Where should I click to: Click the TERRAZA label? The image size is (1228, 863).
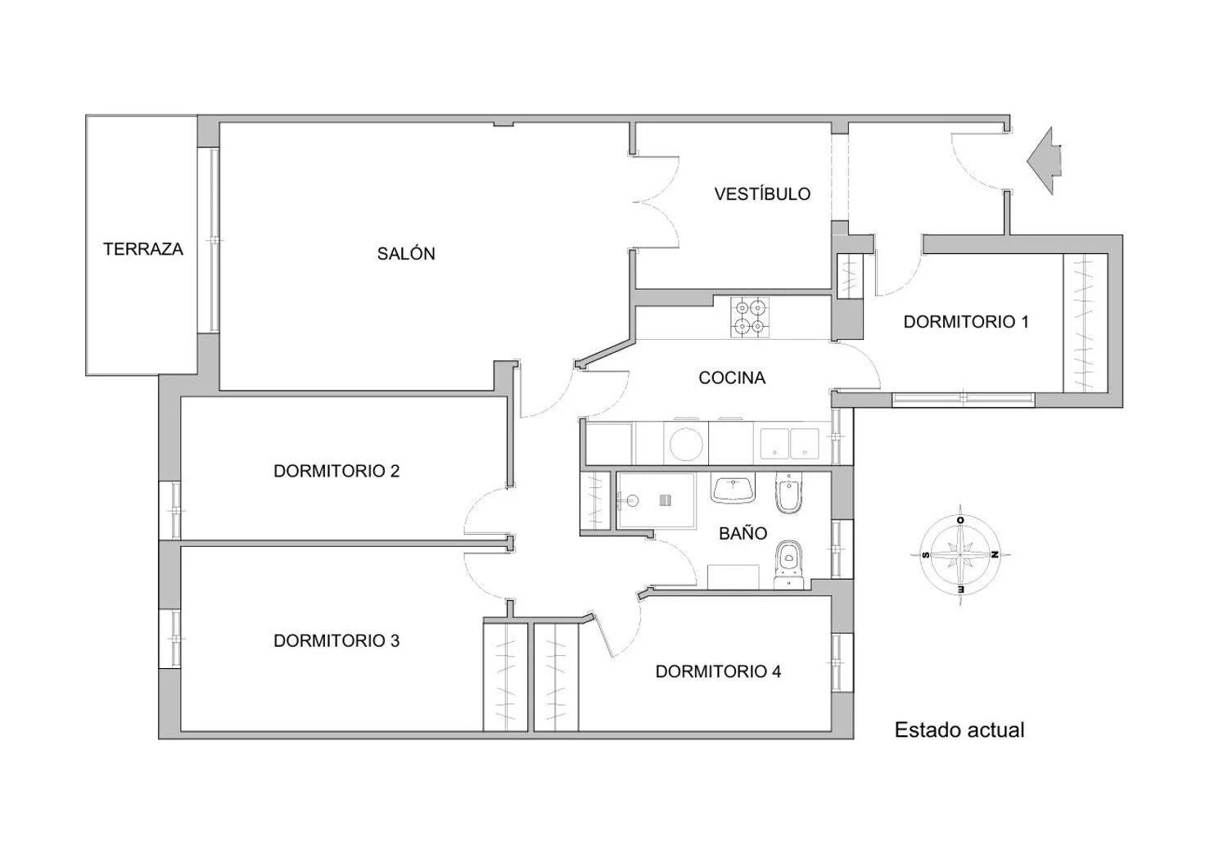click(143, 250)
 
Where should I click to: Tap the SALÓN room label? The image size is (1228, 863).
click(406, 253)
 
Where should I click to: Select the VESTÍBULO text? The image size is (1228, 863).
click(762, 193)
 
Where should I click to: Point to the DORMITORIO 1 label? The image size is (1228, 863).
click(966, 322)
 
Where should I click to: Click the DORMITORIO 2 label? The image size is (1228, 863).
click(336, 471)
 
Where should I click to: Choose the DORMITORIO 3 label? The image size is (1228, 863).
click(336, 640)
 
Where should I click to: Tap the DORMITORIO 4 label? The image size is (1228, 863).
click(718, 671)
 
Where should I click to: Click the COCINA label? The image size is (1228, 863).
click(732, 377)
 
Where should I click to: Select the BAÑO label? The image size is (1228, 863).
click(743, 533)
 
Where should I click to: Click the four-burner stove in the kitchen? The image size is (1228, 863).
click(749, 318)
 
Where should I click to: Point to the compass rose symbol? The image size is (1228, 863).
click(960, 554)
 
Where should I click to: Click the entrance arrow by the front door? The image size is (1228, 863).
click(1045, 160)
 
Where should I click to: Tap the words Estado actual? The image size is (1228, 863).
click(959, 730)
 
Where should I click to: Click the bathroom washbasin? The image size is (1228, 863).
click(733, 489)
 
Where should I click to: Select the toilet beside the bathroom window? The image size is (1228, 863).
click(789, 565)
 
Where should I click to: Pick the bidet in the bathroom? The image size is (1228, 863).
click(789, 493)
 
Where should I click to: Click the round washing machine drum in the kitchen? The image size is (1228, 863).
click(686, 444)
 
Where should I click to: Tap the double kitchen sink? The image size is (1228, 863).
click(789, 444)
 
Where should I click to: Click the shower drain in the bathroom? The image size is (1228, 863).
click(665, 500)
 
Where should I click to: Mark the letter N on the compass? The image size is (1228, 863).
click(993, 554)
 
